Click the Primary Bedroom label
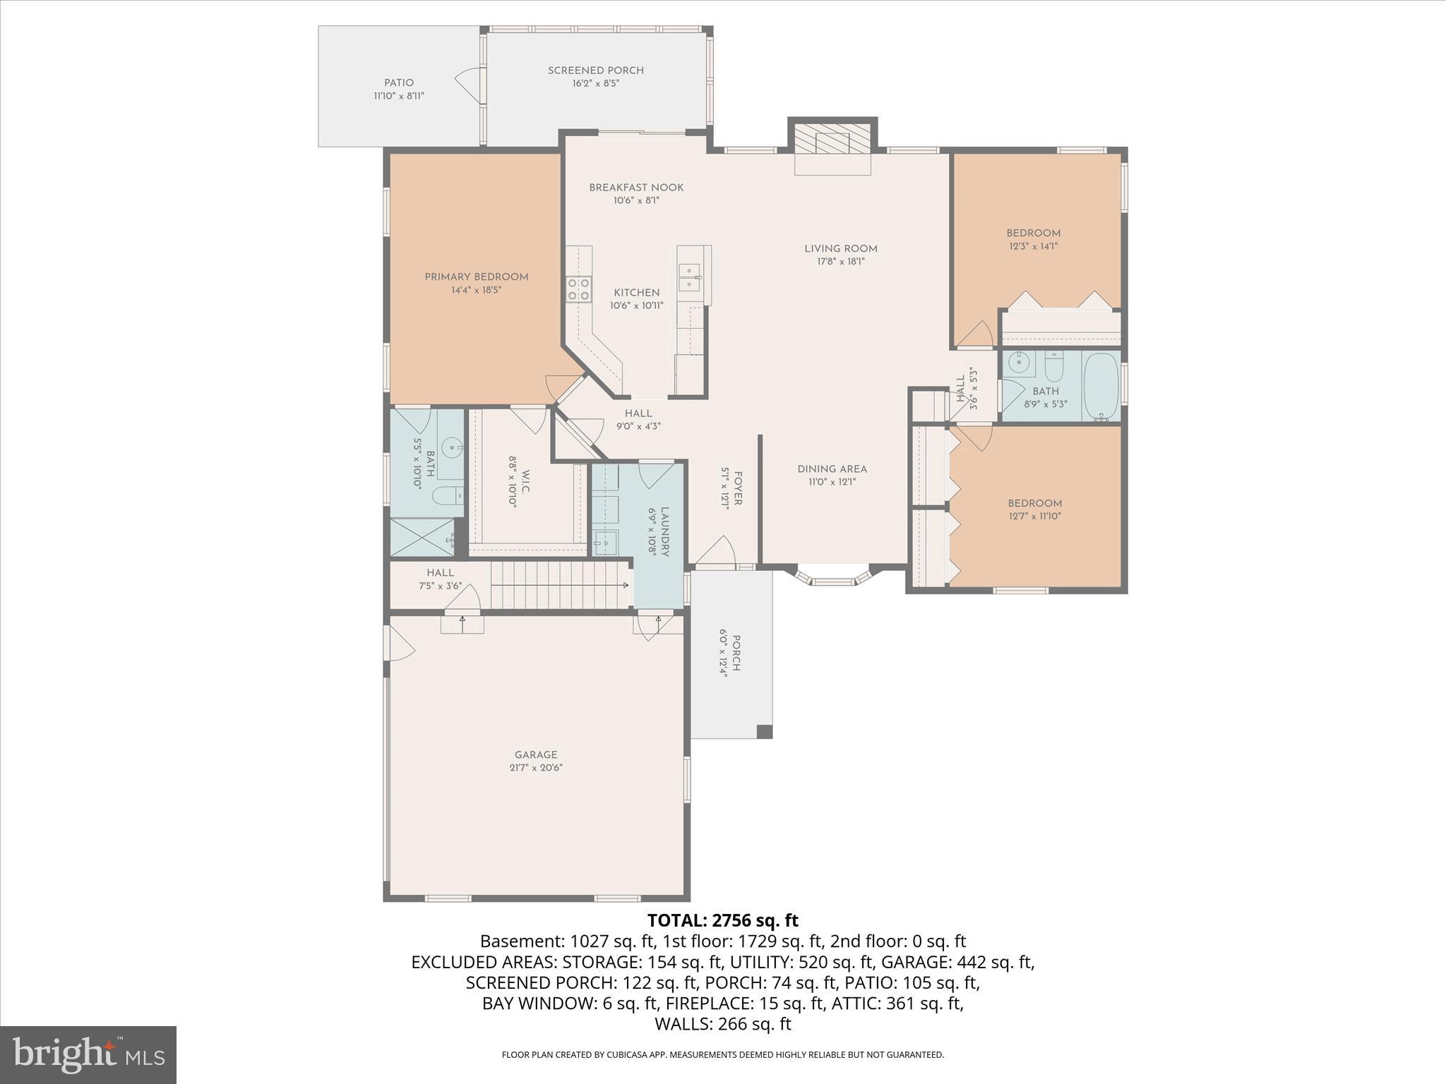(476, 277)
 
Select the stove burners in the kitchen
(579, 289)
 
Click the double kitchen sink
(688, 277)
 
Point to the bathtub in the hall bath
(1101, 386)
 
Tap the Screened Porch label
(595, 71)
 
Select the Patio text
(399, 83)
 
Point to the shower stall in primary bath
(422, 537)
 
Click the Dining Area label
(832, 469)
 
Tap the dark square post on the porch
(764, 731)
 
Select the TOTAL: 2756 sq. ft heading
(722, 920)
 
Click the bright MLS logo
(88, 1054)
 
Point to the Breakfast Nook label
(636, 187)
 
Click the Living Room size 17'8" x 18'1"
(840, 261)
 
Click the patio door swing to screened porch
(468, 85)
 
